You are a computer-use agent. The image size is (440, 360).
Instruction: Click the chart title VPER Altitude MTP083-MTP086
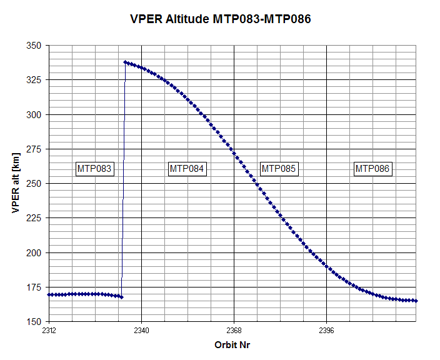(x=219, y=19)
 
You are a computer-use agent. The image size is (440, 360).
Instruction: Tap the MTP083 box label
(x=94, y=169)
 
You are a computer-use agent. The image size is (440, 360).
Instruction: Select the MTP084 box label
(x=187, y=169)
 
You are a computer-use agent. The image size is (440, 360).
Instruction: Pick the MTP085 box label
(x=279, y=169)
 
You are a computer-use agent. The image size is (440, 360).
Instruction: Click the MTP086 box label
(x=373, y=169)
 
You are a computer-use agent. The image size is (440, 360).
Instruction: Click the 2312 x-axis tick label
(x=49, y=331)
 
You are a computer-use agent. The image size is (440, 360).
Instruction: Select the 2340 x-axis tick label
(x=141, y=331)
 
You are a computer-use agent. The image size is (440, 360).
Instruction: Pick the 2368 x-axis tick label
(x=234, y=331)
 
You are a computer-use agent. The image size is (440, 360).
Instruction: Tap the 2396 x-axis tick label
(x=326, y=331)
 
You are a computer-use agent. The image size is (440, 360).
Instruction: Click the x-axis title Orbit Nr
(x=232, y=345)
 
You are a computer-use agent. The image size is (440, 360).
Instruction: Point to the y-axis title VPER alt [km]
(x=15, y=184)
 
